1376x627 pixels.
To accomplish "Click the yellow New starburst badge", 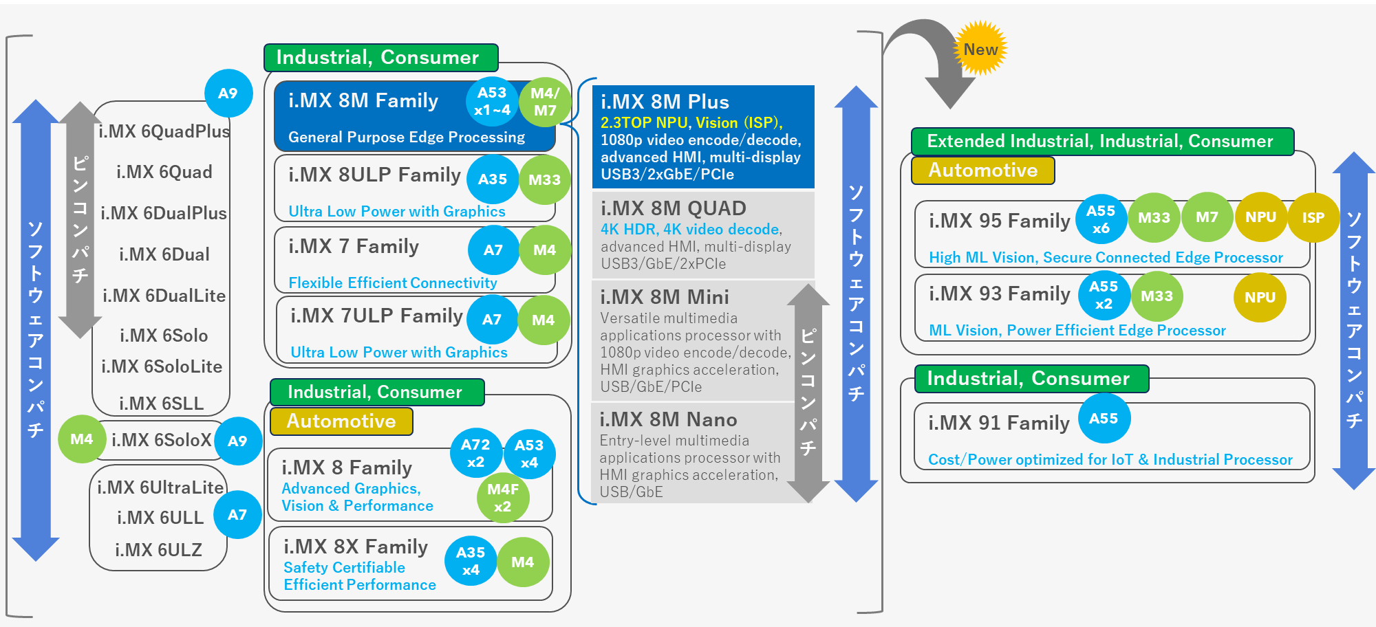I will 980,48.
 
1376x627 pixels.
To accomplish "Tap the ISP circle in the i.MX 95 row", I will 1313,218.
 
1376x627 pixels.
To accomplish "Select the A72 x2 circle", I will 475,453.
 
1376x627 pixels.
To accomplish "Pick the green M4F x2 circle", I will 503,498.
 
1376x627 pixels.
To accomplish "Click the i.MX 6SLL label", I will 161,403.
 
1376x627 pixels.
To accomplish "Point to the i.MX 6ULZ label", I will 158,550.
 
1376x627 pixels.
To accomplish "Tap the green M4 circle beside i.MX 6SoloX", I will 81,439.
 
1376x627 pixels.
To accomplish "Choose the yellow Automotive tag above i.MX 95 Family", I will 982,170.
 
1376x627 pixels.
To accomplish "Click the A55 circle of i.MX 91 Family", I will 1104,419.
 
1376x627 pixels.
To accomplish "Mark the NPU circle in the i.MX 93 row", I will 1260,297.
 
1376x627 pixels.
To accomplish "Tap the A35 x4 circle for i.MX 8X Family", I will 471,561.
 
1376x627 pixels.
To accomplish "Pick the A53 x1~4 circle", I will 492,101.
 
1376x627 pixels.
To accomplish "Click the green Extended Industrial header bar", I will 1101,141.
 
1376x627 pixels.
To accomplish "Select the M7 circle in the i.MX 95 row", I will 1207,217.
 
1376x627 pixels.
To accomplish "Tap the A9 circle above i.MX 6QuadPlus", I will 228,93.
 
